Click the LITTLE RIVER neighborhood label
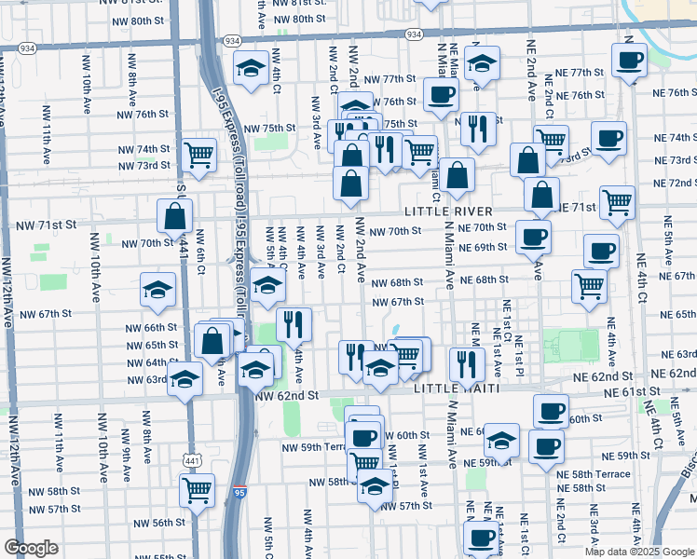[x=448, y=212]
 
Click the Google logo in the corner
[x=31, y=548]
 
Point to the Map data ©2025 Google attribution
[x=638, y=552]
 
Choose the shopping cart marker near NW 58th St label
[x=198, y=489]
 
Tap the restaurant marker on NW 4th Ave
[x=294, y=325]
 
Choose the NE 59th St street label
[x=625, y=456]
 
